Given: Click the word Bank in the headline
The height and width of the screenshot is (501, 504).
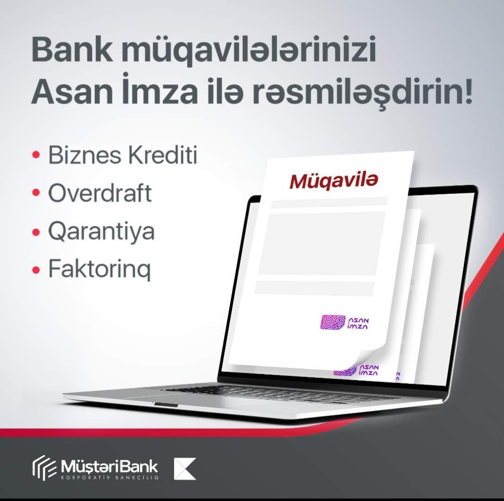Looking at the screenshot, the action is pyautogui.click(x=72, y=50).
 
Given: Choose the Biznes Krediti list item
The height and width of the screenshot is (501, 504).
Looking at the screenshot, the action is pyautogui.click(x=123, y=155).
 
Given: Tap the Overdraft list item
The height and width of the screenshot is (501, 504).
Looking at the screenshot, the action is pyautogui.click(x=99, y=193).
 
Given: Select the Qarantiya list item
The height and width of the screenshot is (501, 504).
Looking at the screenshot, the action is pyautogui.click(x=101, y=232).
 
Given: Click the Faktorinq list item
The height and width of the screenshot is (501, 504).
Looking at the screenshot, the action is pyautogui.click(x=99, y=269).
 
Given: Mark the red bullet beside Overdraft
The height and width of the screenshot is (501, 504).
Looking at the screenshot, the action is pyautogui.click(x=36, y=193).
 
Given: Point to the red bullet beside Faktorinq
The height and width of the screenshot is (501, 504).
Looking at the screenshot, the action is pyautogui.click(x=36, y=269).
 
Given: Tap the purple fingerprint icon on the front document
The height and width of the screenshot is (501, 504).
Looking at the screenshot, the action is pyautogui.click(x=333, y=322).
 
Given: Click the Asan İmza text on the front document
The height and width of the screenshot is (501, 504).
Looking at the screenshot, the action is pyautogui.click(x=358, y=324).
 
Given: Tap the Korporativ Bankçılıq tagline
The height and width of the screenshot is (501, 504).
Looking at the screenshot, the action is pyautogui.click(x=109, y=477).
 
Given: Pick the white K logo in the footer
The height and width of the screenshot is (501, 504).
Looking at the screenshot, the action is pyautogui.click(x=184, y=469).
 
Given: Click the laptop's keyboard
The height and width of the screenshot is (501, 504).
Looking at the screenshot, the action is pyautogui.click(x=273, y=393).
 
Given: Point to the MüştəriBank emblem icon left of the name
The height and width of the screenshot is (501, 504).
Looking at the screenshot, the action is pyautogui.click(x=44, y=468).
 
